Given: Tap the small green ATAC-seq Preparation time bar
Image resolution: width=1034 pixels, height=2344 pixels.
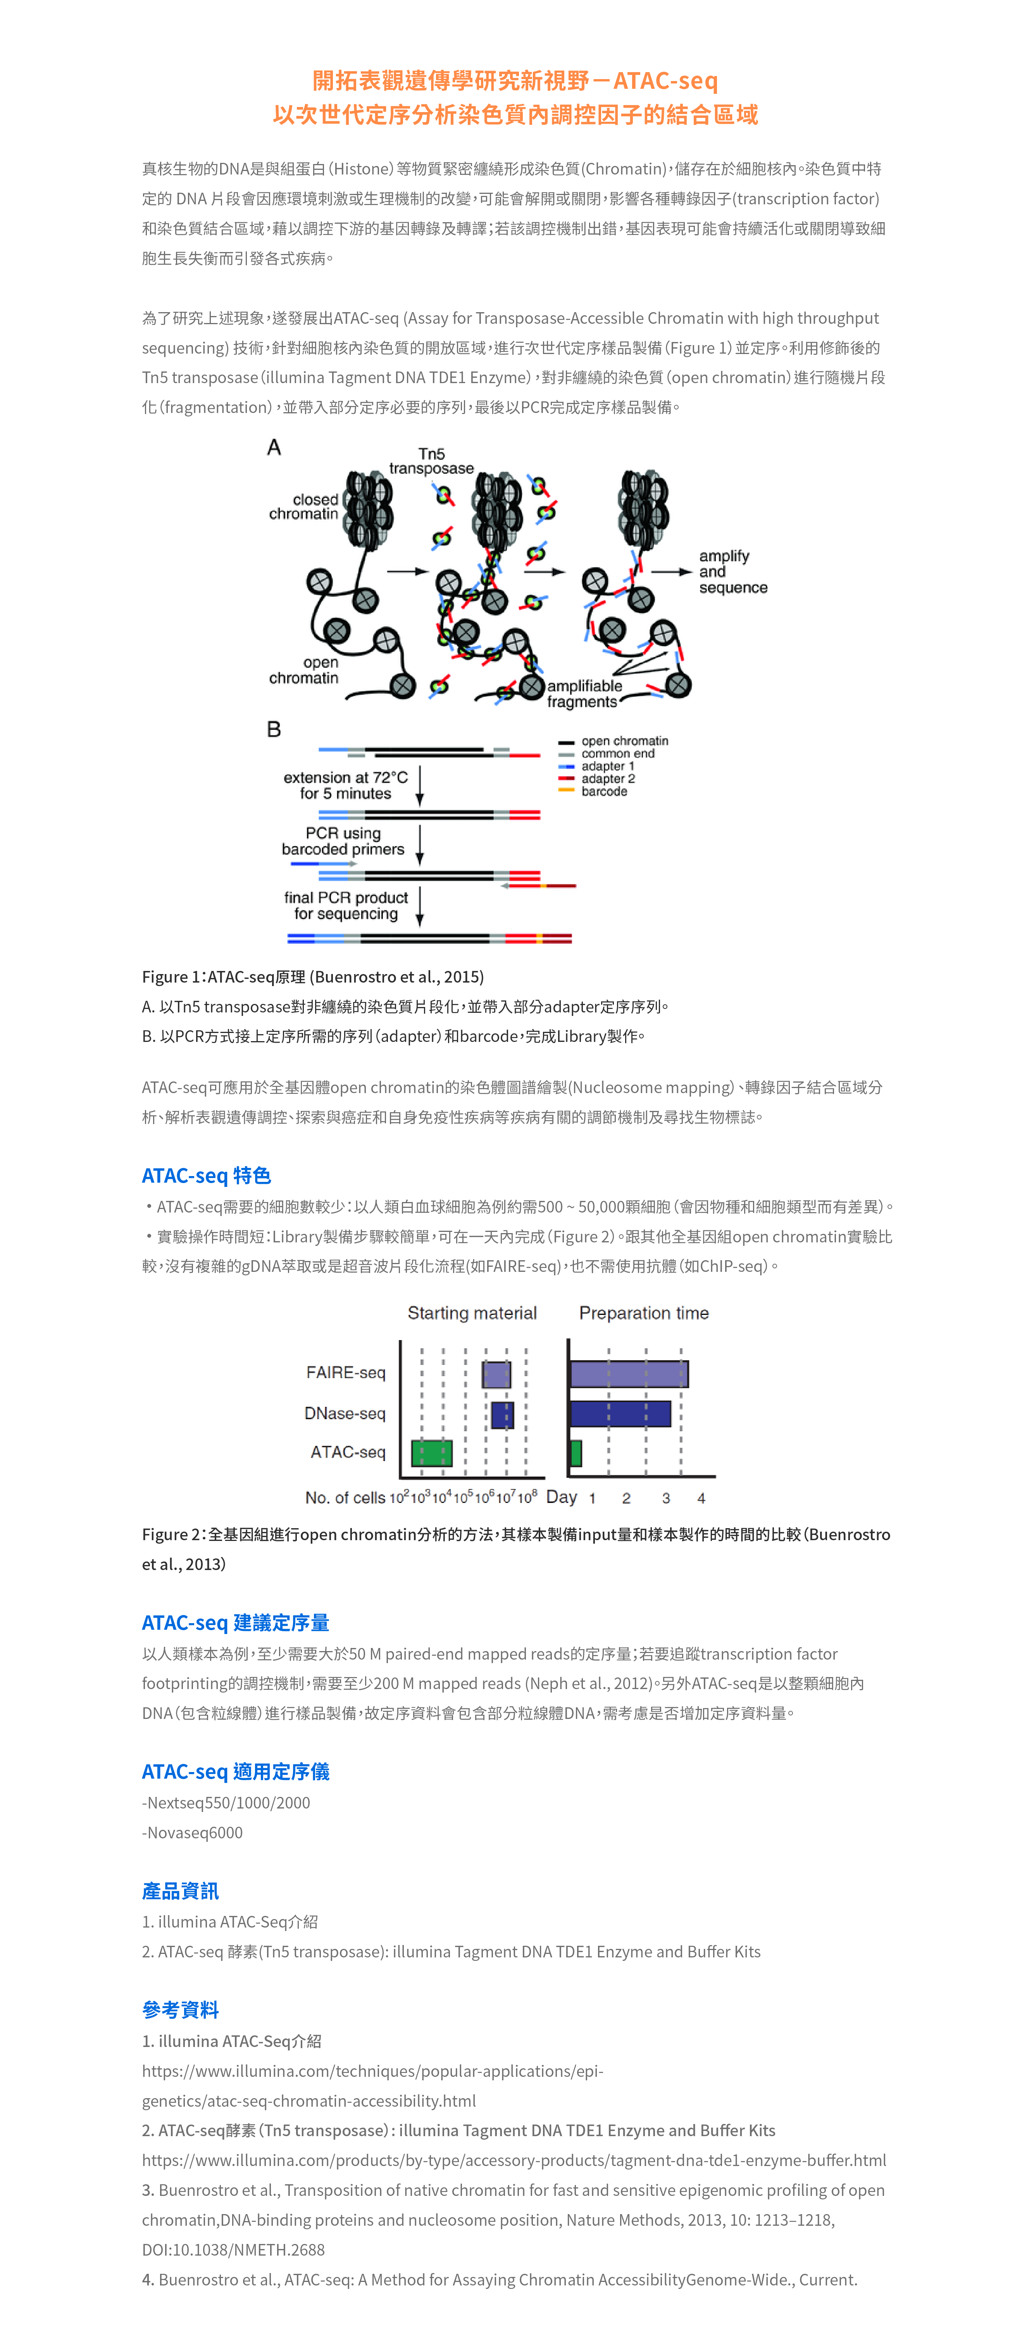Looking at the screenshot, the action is tap(576, 1453).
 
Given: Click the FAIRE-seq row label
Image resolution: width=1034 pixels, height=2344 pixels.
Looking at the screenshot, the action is tap(346, 1372).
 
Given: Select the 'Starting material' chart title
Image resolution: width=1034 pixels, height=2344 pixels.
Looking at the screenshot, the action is tap(472, 1313).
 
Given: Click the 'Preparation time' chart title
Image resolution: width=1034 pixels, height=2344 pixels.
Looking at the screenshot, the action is tap(644, 1313).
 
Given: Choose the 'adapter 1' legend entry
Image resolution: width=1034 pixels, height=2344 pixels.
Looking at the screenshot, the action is tap(607, 766).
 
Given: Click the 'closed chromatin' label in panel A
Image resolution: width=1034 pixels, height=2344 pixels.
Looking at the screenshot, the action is tap(304, 507).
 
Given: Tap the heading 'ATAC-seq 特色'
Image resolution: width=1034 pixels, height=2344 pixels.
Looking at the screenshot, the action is tap(207, 1176).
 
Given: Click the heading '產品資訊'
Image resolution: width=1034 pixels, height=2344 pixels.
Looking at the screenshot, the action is tap(180, 1891).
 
